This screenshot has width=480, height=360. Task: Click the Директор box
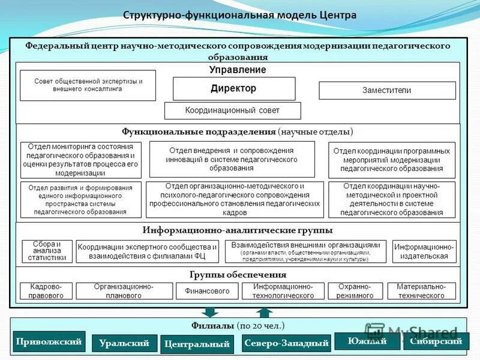tap(234, 89)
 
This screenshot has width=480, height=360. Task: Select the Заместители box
tap(387, 91)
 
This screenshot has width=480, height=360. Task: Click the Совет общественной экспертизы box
tap(88, 85)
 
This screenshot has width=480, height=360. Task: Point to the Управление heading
tap(238, 70)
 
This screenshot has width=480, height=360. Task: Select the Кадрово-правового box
tap(46, 291)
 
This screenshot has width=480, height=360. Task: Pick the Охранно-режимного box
tap(356, 291)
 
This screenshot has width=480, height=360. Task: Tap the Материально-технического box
tap(421, 291)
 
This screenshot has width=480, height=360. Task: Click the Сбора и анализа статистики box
tap(47, 251)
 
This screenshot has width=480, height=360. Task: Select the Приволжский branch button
tap(49, 341)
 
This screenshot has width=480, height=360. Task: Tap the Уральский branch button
tap(124, 343)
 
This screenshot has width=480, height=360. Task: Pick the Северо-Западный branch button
tap(287, 343)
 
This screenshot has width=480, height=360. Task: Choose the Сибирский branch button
tap(436, 341)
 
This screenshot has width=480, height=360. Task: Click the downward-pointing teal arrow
tap(209, 312)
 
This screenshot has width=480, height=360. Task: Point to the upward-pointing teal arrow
tap(264, 312)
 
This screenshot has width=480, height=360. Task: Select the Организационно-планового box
tap(124, 291)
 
